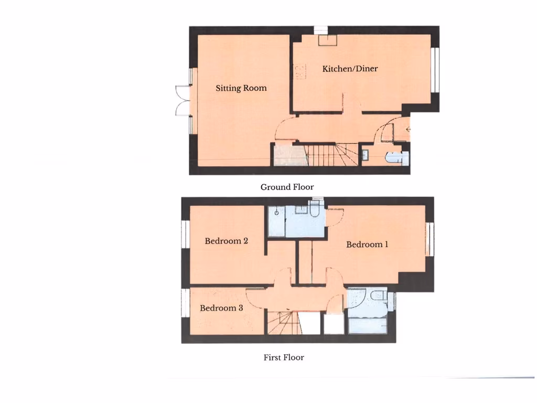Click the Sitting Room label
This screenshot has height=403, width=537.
(x=241, y=88)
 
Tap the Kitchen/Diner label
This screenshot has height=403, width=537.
(x=350, y=69)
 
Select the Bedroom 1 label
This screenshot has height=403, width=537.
(x=367, y=244)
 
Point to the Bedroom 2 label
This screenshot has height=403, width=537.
(x=226, y=241)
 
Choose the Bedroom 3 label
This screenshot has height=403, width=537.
(x=221, y=308)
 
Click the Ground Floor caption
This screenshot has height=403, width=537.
(x=287, y=187)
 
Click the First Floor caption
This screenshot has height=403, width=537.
(x=284, y=358)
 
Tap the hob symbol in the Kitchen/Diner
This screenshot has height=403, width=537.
(x=300, y=72)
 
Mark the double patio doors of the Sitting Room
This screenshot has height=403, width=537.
(x=182, y=100)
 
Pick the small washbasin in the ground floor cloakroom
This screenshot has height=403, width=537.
(x=366, y=154)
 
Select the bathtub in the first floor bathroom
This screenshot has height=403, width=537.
(x=367, y=325)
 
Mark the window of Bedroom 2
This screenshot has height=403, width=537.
(x=185, y=234)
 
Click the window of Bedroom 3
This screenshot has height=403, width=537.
(x=185, y=303)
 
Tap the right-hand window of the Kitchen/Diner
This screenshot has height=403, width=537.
(x=435, y=70)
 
